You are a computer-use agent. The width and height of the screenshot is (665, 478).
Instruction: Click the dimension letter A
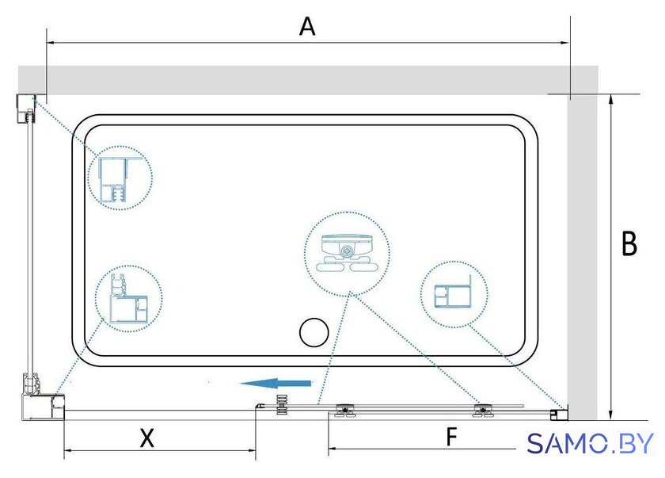click(307, 26)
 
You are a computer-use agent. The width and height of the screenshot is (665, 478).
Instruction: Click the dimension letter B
click(629, 243)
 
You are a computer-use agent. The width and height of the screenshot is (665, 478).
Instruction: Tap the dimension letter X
click(147, 438)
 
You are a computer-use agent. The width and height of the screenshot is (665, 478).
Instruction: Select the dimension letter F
click(452, 437)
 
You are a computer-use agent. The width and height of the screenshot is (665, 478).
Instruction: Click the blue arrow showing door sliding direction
click(276, 384)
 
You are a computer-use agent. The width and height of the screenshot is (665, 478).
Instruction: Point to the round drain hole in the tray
click(313, 332)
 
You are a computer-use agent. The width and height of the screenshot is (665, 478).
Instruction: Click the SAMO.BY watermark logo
click(590, 444)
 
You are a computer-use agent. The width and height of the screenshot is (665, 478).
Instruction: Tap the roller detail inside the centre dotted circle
click(347, 254)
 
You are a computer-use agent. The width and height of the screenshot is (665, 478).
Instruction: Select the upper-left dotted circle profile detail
click(120, 178)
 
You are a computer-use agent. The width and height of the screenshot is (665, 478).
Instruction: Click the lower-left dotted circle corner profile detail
click(128, 299)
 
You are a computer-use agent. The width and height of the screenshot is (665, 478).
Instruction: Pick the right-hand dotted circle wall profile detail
click(454, 294)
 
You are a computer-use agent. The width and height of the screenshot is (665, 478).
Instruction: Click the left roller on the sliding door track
click(346, 411)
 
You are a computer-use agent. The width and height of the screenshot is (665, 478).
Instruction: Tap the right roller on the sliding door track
click(483, 411)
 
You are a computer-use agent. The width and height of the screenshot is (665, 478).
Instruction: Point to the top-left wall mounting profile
click(26, 109)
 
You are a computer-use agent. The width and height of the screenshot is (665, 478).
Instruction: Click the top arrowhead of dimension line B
click(610, 99)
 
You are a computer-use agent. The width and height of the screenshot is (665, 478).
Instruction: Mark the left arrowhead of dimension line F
click(334, 448)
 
